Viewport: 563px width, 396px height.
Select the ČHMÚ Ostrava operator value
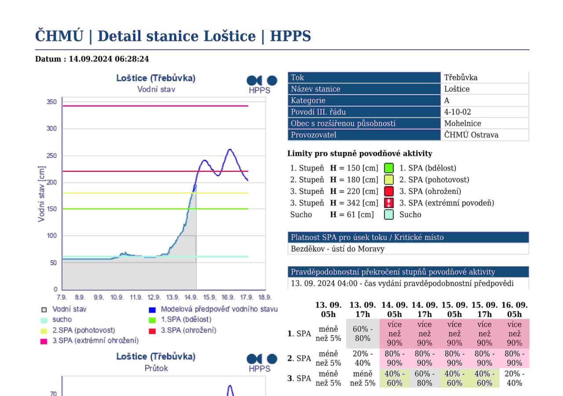(471, 135)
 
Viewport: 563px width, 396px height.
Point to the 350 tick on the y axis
(51, 102)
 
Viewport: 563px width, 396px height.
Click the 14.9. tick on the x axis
(191, 297)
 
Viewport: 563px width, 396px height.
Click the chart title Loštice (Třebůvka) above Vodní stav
(156, 78)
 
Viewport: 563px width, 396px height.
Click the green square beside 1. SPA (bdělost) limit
(388, 168)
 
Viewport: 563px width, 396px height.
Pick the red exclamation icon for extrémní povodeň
(388, 203)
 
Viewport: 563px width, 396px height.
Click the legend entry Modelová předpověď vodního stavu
(219, 309)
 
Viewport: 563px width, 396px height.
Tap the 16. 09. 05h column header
(514, 310)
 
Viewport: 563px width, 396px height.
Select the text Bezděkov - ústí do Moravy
(334, 249)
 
